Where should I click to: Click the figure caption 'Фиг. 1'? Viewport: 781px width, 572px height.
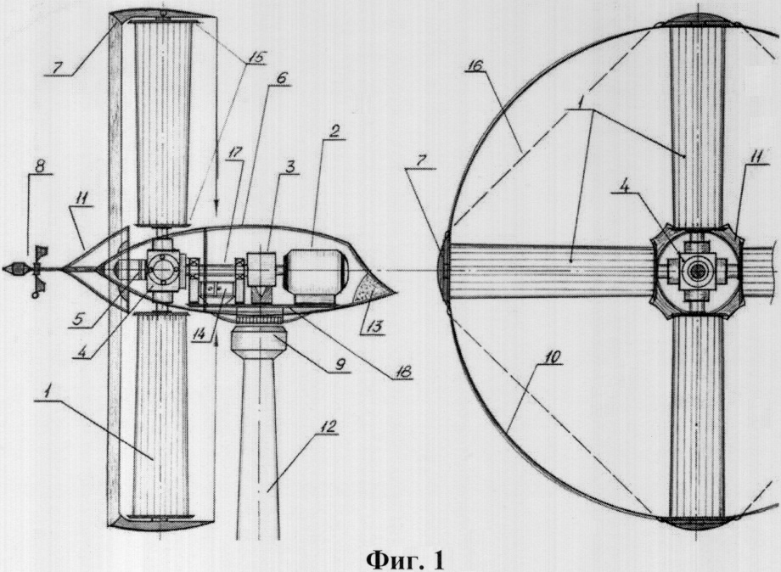click(x=404, y=560)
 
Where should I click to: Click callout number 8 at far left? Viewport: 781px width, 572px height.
click(x=39, y=165)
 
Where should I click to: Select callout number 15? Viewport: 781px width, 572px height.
click(x=254, y=57)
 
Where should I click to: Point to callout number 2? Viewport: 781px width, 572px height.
click(x=334, y=132)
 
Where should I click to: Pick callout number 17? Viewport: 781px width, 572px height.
click(x=234, y=153)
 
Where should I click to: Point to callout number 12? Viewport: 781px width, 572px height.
click(x=329, y=427)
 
